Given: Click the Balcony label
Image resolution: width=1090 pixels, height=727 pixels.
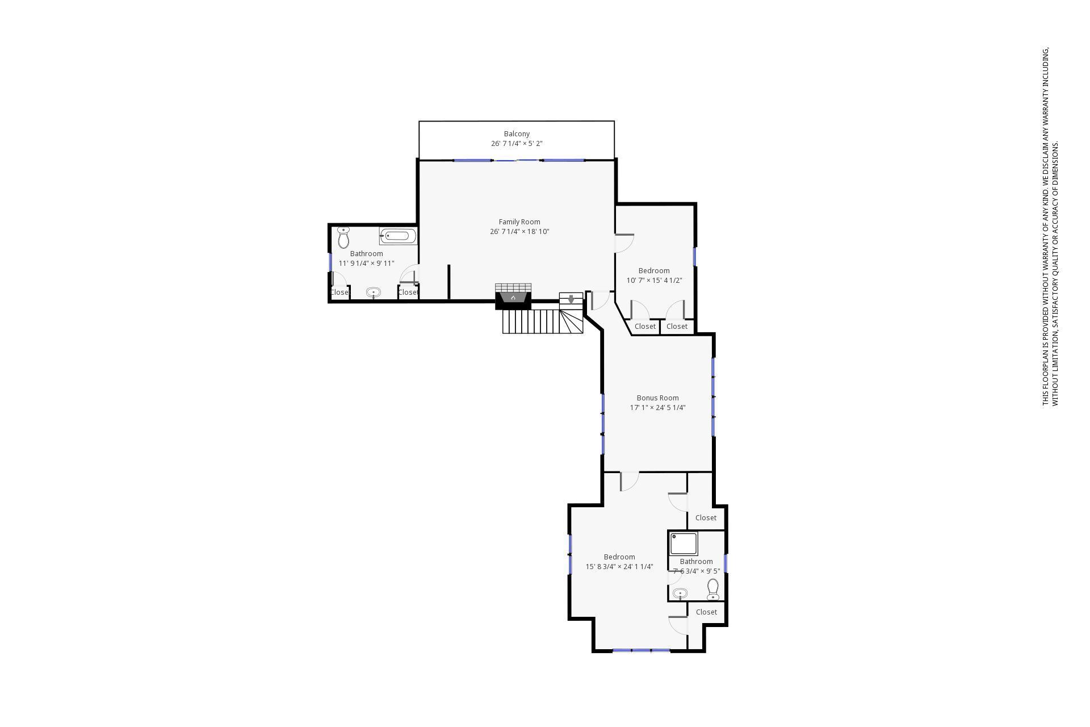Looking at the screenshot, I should [x=517, y=134].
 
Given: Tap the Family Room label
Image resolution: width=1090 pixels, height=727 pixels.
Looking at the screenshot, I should [x=519, y=222].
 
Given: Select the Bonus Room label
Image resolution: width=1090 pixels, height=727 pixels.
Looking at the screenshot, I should [x=657, y=398].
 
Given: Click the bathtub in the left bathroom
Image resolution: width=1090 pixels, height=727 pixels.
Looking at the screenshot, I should [x=398, y=236].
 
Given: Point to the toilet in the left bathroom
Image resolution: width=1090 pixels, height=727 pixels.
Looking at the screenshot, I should [x=343, y=238].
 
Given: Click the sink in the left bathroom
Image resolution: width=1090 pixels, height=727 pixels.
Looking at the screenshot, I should [x=373, y=293].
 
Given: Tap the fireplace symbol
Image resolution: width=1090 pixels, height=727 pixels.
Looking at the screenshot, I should [x=513, y=298].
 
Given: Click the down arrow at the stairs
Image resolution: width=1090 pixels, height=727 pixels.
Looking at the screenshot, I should [x=571, y=299].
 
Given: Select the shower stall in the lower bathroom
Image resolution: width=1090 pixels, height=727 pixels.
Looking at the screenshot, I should [x=683, y=544].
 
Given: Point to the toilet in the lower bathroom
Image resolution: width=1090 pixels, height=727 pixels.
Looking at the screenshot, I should [x=713, y=590].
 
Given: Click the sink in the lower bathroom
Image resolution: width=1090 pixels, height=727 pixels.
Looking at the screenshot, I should [x=680, y=594].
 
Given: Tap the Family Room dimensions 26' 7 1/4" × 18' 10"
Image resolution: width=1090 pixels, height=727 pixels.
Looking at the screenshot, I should [x=519, y=232].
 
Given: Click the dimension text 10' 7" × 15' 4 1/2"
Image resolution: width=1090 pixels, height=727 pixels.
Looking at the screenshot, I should [x=654, y=281].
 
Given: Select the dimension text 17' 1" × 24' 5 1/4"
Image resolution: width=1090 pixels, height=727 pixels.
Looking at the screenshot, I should [x=657, y=408].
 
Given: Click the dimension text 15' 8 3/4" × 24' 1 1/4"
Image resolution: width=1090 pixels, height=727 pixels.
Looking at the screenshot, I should [x=619, y=567].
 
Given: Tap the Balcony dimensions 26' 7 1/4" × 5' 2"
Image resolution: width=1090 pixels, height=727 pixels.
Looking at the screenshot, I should [x=517, y=144].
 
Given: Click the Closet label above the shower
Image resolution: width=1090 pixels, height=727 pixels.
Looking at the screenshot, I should [x=706, y=518].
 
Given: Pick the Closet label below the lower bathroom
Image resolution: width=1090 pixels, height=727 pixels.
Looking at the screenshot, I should [x=706, y=612].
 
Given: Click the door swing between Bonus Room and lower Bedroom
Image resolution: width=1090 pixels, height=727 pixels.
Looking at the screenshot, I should [x=628, y=481].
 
